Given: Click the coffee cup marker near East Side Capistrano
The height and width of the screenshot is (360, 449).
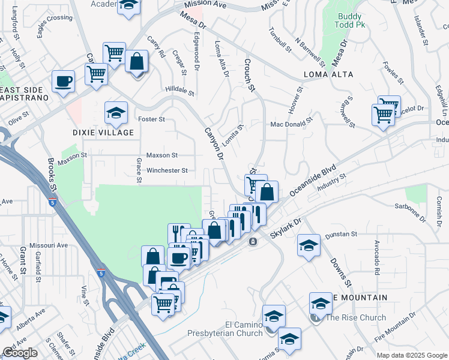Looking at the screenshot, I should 63,81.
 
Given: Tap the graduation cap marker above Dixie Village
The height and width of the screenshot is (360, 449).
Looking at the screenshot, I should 116,112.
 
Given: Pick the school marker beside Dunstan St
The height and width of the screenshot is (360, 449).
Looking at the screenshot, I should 309,245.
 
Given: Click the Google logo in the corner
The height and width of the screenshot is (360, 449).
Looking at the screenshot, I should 20,353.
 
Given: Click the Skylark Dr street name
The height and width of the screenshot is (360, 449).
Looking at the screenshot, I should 285,227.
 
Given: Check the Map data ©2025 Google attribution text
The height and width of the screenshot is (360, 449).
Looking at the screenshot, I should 412,355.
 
